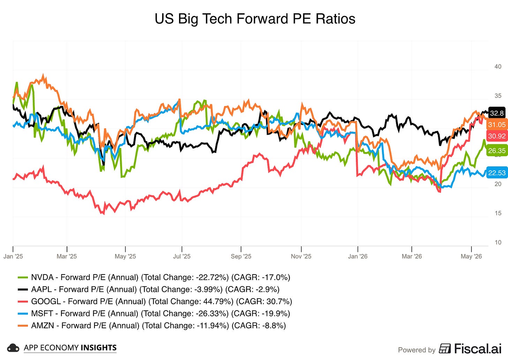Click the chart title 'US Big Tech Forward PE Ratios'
click(255, 18)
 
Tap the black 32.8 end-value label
click(497, 113)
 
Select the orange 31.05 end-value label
click(497, 125)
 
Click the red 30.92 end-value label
click(497, 136)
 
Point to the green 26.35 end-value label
click(497, 151)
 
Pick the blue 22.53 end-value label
click(497, 173)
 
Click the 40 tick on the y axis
click(498, 66)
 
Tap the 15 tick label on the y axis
click(498, 213)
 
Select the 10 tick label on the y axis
click(498, 242)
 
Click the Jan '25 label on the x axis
click(13, 256)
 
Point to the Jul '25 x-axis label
click(182, 256)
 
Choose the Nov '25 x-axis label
click(301, 256)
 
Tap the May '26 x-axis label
click(471, 256)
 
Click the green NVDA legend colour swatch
click(23, 277)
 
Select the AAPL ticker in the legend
click(42, 290)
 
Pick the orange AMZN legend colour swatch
click(23, 325)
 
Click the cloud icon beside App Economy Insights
click(13, 348)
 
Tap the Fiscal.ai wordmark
click(478, 349)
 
